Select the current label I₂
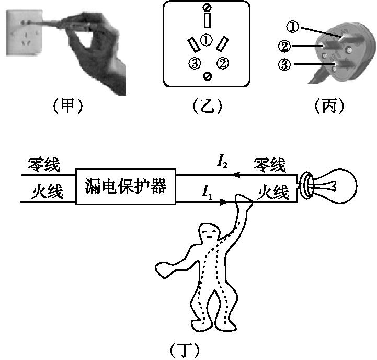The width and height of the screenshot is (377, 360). point(222,163)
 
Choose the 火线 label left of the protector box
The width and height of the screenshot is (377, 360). point(44,193)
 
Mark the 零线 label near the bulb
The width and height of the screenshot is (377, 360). point(270,165)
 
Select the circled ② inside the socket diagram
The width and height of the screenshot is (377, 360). point(223,63)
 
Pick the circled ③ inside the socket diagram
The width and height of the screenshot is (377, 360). point(194,64)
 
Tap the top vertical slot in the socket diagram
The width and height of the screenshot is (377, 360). point(208,20)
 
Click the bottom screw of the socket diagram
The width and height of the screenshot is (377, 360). point(208,76)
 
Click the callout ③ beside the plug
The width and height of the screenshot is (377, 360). point(285,65)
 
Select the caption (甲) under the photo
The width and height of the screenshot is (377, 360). point(68,106)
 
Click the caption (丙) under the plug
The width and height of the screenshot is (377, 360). point(329,106)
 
